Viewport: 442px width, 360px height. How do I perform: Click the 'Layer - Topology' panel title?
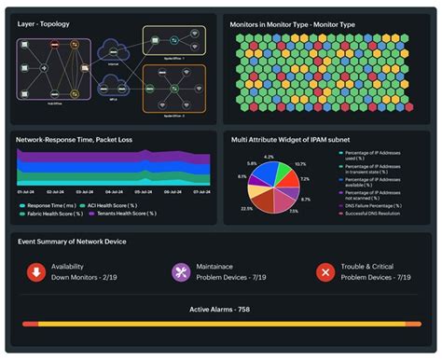(x=44, y=23)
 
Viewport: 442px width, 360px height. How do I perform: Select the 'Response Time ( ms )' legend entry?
(x=51, y=203)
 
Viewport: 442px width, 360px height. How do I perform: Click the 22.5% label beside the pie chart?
(x=246, y=208)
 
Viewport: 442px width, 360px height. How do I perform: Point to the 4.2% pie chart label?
(x=269, y=157)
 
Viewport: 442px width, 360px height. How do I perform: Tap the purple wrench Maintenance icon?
(x=182, y=272)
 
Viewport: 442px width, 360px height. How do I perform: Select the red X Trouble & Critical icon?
(x=325, y=272)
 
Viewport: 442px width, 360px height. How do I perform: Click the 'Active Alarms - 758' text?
(x=221, y=309)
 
